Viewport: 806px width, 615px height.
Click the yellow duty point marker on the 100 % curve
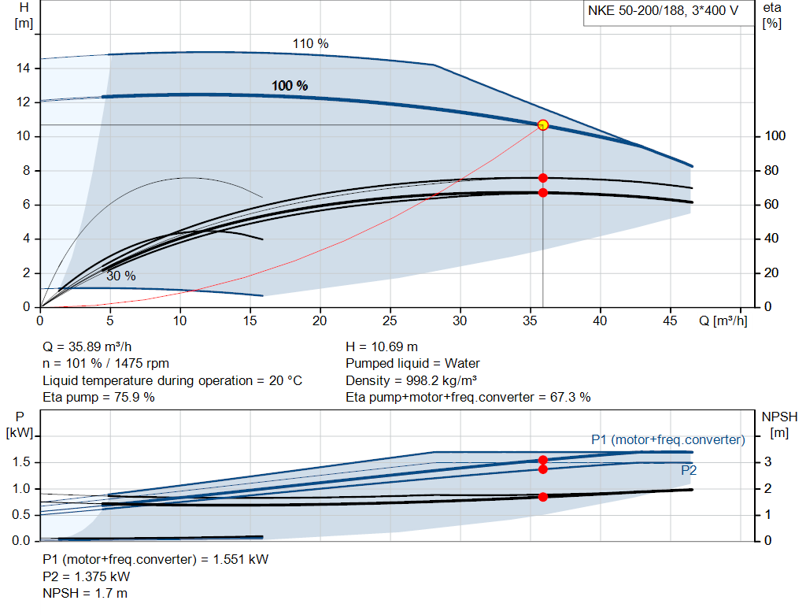point(542,125)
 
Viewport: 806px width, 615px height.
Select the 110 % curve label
point(310,44)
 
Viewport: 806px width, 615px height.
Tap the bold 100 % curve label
point(290,86)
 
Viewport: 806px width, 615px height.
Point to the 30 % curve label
point(121,276)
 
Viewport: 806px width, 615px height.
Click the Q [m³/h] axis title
point(723,320)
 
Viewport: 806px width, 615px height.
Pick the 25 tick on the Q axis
point(390,320)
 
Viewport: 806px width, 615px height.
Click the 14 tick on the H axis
point(24,69)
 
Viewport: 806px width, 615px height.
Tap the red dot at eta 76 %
point(542,178)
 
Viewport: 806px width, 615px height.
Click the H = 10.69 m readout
point(382,346)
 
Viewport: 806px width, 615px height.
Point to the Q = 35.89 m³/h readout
point(88,346)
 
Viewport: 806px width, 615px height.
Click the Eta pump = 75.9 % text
point(98,397)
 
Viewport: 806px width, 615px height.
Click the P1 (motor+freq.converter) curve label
point(667,439)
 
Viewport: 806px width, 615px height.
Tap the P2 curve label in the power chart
point(688,471)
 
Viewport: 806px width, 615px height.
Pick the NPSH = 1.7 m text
point(85,593)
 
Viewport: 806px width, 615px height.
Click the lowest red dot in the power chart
point(542,497)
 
